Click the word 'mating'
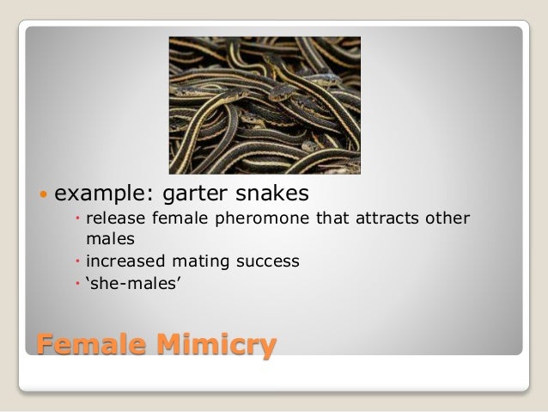(204, 259)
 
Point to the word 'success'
(270, 259)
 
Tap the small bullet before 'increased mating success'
(77, 259)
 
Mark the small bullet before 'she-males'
(77, 281)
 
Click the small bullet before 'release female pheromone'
(77, 218)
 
